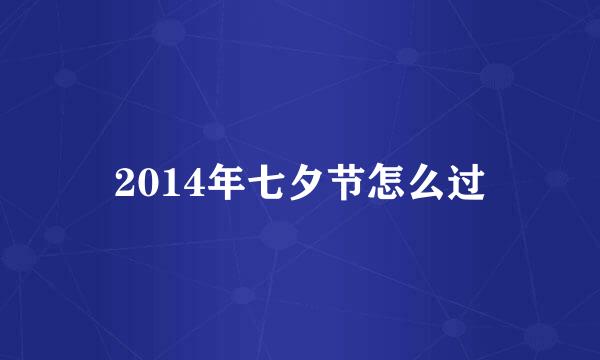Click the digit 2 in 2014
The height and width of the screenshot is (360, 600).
point(125,183)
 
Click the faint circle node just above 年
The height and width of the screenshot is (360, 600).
point(213,131)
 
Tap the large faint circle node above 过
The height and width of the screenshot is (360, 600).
point(497,75)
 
